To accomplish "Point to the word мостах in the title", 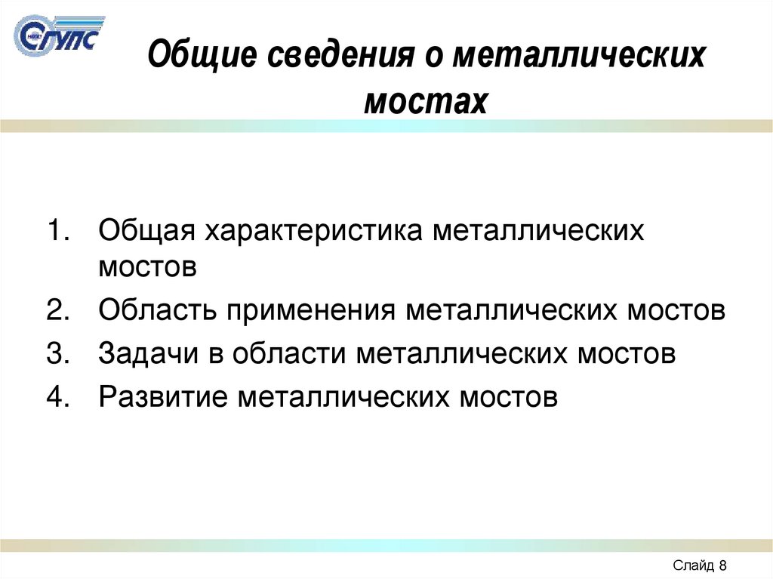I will [x=426, y=100].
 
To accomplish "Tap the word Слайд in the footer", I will [x=691, y=565].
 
